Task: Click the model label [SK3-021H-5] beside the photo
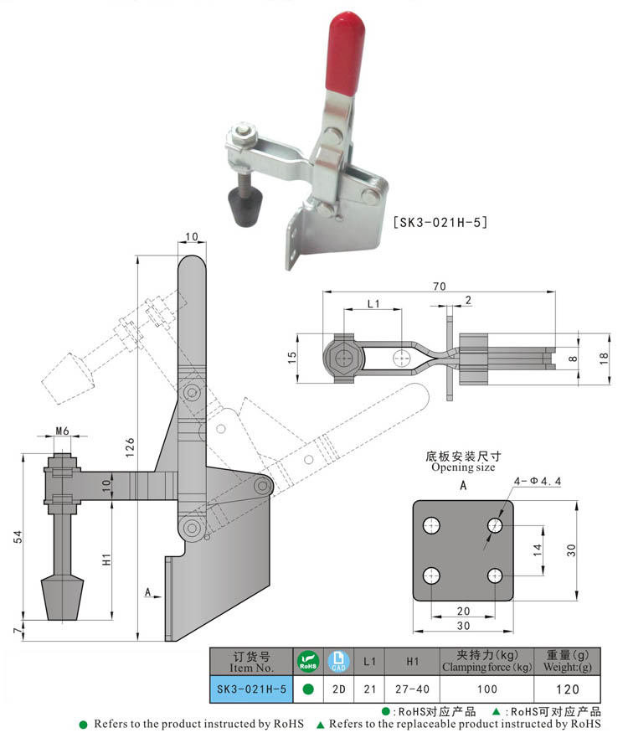[440, 223]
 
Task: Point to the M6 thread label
[62, 431]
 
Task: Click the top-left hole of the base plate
[432, 526]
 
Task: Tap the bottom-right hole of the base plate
[495, 575]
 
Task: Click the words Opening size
[463, 467]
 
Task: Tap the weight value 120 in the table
[569, 689]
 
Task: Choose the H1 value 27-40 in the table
[412, 689]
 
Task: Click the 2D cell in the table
[339, 689]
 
